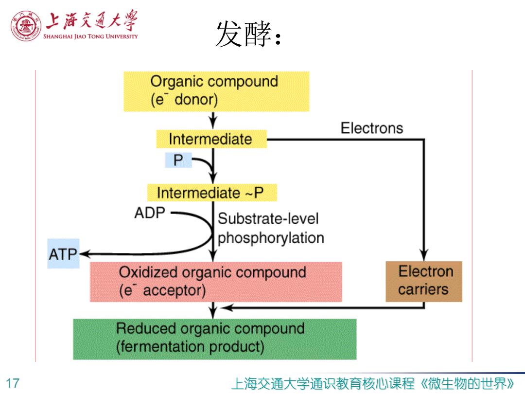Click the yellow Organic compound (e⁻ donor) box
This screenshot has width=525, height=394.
point(216,91)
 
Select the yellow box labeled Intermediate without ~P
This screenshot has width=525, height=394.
point(211,139)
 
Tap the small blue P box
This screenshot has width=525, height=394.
point(178,160)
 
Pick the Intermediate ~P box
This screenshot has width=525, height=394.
point(212,193)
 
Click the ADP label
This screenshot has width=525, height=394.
point(150,213)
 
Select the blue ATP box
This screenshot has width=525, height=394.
point(63,253)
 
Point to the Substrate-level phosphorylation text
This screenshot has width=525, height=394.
point(271,228)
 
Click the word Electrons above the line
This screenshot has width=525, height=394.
point(372,128)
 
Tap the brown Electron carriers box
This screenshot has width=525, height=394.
point(424,282)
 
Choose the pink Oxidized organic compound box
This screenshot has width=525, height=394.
point(216,282)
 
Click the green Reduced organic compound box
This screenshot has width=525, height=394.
point(215,339)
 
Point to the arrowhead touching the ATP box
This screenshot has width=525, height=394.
point(84,254)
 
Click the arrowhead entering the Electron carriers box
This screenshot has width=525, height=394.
point(424,255)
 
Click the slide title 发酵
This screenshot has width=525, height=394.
point(248,34)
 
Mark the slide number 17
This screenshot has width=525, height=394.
point(13,383)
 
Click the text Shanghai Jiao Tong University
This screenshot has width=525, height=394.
point(90,36)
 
